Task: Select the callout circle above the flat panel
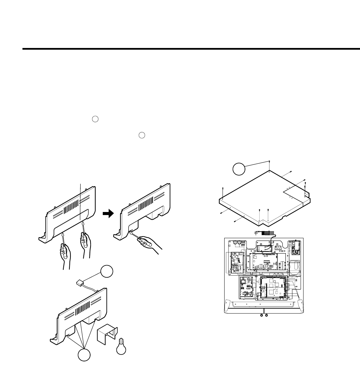pos(239,169)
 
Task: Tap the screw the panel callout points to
pos(269,162)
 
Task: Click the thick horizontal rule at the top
pos(191,49)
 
